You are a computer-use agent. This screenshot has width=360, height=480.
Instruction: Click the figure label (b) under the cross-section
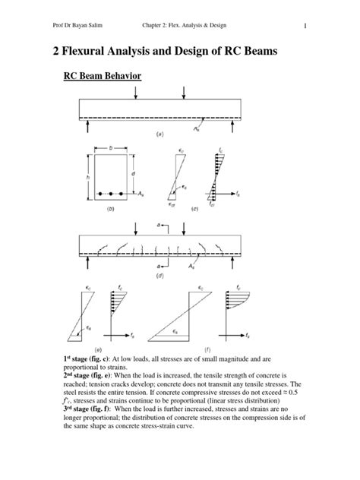coord(111,207)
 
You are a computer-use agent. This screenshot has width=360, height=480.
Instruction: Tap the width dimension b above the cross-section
coord(110,148)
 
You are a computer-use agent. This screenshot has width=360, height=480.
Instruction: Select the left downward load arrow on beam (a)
coord(135,92)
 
